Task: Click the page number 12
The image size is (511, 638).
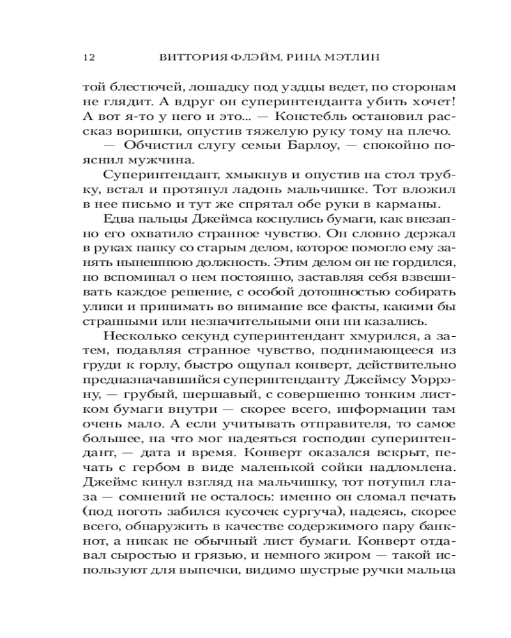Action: [89, 57]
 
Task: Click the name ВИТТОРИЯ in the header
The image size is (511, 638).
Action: [185, 57]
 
